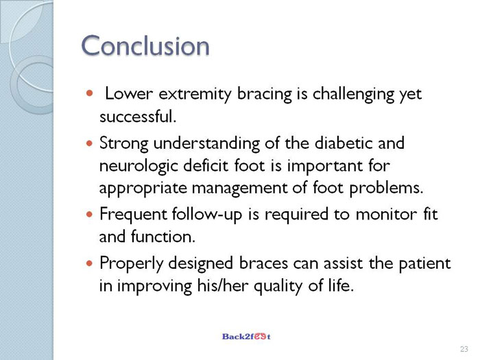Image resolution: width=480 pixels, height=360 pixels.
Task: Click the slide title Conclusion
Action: click(x=145, y=45)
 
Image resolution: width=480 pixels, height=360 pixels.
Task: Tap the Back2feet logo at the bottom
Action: click(x=246, y=337)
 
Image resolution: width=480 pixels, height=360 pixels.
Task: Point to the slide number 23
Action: click(x=464, y=349)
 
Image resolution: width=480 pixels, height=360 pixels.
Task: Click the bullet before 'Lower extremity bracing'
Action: click(x=89, y=93)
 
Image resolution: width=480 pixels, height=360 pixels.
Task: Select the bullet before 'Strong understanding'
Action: click(x=89, y=143)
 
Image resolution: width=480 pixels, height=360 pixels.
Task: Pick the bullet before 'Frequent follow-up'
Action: click(x=89, y=214)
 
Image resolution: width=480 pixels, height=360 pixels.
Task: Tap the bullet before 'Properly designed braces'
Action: click(x=89, y=263)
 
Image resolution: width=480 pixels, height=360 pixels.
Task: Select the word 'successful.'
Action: click(x=138, y=117)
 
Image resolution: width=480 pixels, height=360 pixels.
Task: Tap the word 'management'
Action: click(x=240, y=189)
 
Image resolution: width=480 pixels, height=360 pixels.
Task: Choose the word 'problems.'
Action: click(x=386, y=189)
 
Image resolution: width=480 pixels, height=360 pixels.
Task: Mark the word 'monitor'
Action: click(x=386, y=214)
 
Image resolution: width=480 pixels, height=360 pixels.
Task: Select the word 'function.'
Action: click(x=163, y=237)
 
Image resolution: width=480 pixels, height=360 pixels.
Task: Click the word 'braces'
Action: click(x=263, y=263)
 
